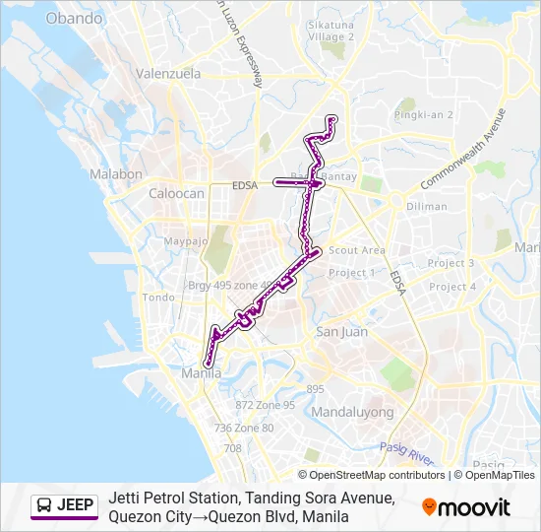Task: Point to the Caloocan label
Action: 176,194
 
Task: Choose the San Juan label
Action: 341,332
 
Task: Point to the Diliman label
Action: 427,208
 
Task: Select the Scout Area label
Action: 357,251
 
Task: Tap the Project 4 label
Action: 452,287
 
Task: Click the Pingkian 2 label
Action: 423,115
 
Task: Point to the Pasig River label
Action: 407,452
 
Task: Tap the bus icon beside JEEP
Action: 44,506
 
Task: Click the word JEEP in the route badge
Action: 76,506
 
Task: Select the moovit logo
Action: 466,507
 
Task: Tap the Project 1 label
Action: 351,273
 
